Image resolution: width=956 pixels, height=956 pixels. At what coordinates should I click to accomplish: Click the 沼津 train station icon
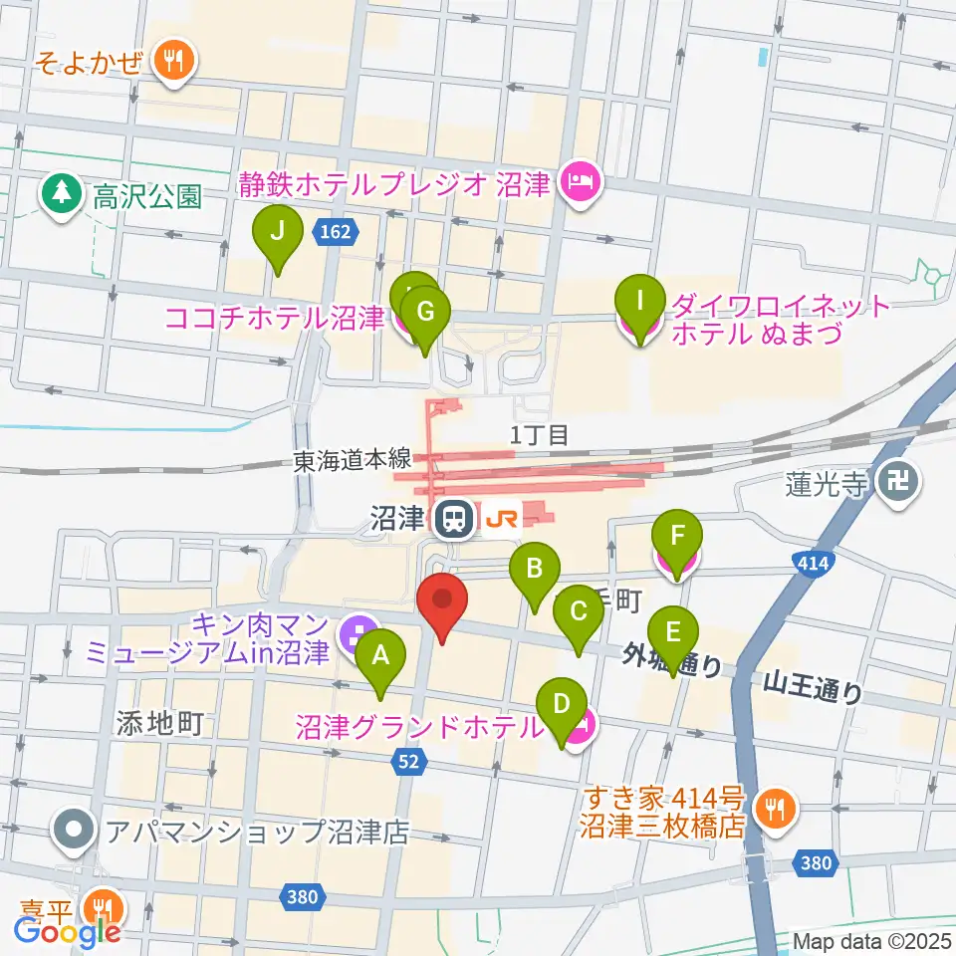click(453, 518)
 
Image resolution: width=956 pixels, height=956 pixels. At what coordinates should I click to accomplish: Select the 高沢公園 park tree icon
click(63, 193)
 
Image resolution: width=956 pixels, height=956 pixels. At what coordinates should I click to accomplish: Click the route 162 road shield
click(337, 232)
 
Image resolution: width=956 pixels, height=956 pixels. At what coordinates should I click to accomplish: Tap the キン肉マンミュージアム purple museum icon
click(353, 631)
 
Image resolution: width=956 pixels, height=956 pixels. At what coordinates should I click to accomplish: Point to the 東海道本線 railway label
click(352, 459)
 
